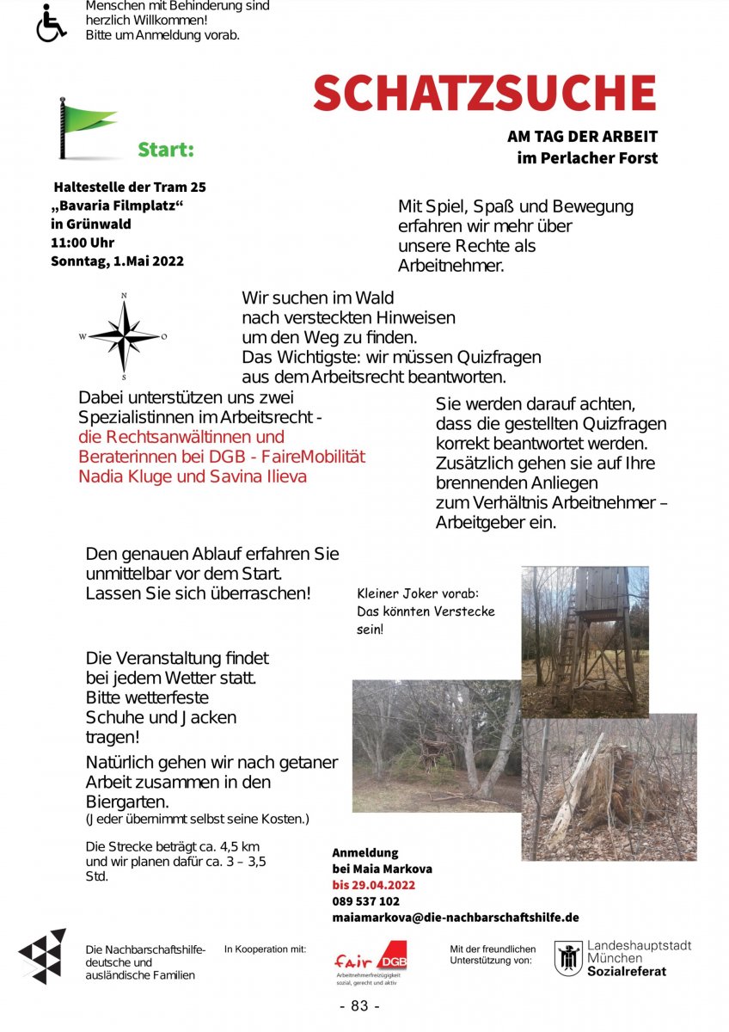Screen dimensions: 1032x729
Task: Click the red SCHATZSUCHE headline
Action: coord(484,93)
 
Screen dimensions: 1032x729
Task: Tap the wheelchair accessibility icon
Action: coord(51,23)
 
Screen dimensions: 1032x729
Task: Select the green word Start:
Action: coord(166,150)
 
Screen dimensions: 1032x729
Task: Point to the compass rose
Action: coord(125,336)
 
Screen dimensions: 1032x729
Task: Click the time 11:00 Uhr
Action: coord(83,243)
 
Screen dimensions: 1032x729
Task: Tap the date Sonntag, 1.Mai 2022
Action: coord(117,261)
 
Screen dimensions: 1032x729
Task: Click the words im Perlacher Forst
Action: coord(587,158)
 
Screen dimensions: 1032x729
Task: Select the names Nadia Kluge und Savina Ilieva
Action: coord(193,476)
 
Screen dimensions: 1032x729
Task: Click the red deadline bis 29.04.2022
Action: coord(374,885)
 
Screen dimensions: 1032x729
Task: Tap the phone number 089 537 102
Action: coord(365,901)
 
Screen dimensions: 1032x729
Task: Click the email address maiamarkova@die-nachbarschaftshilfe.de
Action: coord(456,918)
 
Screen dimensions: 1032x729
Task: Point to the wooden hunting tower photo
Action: coord(585,641)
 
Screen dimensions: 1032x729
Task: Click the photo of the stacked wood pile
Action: coord(609,787)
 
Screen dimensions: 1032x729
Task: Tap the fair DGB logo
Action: coord(370,961)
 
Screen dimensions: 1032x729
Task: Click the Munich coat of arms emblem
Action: coord(567,958)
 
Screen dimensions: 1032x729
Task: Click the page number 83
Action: coord(360,1006)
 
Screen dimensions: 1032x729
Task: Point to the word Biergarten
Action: coord(126,802)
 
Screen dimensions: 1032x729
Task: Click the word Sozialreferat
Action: coord(626,972)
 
